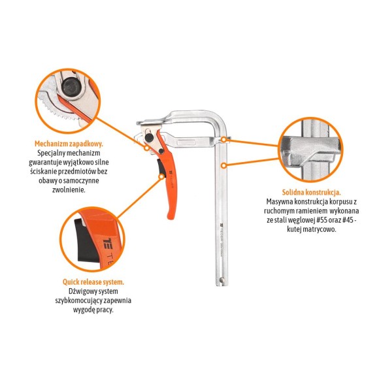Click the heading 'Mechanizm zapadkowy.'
click(69, 144)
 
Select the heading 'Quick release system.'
click(93, 282)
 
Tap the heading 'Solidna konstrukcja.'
click(312, 192)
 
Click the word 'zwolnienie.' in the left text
click(69, 189)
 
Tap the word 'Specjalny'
click(51, 153)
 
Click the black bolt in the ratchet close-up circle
click(71, 86)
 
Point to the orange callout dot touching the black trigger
click(162, 176)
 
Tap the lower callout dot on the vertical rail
click(224, 165)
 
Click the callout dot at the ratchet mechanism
click(147, 148)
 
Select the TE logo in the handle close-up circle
click(108, 244)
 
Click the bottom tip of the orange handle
click(171, 218)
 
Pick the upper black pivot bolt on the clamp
click(149, 137)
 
